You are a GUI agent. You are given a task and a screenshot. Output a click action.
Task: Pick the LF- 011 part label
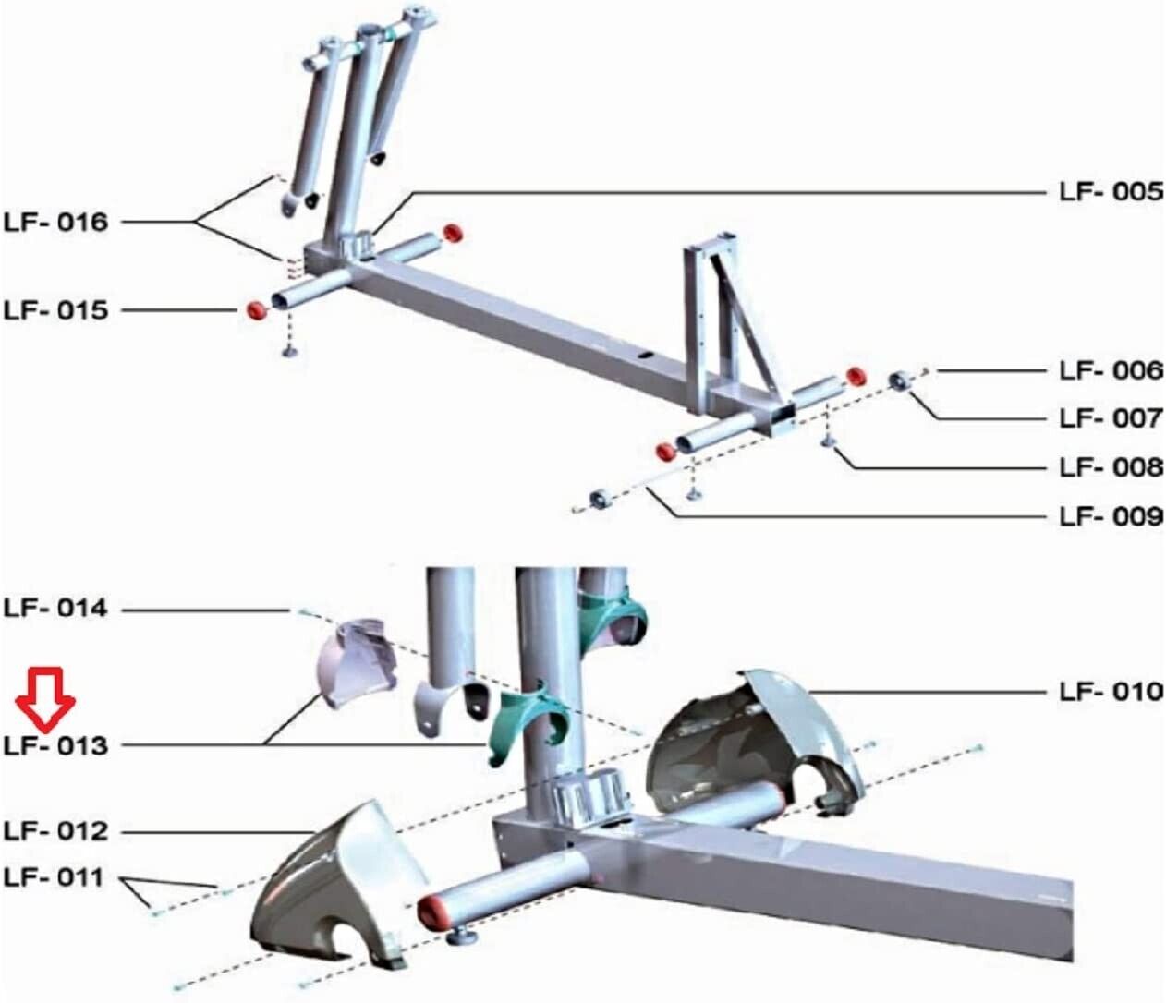point(55,877)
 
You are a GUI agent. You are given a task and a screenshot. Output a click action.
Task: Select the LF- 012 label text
point(55,831)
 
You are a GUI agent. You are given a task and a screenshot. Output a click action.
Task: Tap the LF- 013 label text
point(55,746)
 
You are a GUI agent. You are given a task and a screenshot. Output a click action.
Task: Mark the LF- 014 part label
point(55,609)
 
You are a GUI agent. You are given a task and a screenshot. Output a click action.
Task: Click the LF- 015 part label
point(55,310)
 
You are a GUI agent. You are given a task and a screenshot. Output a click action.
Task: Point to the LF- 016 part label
point(55,223)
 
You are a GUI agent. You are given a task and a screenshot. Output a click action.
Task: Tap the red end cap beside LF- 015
point(257,309)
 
